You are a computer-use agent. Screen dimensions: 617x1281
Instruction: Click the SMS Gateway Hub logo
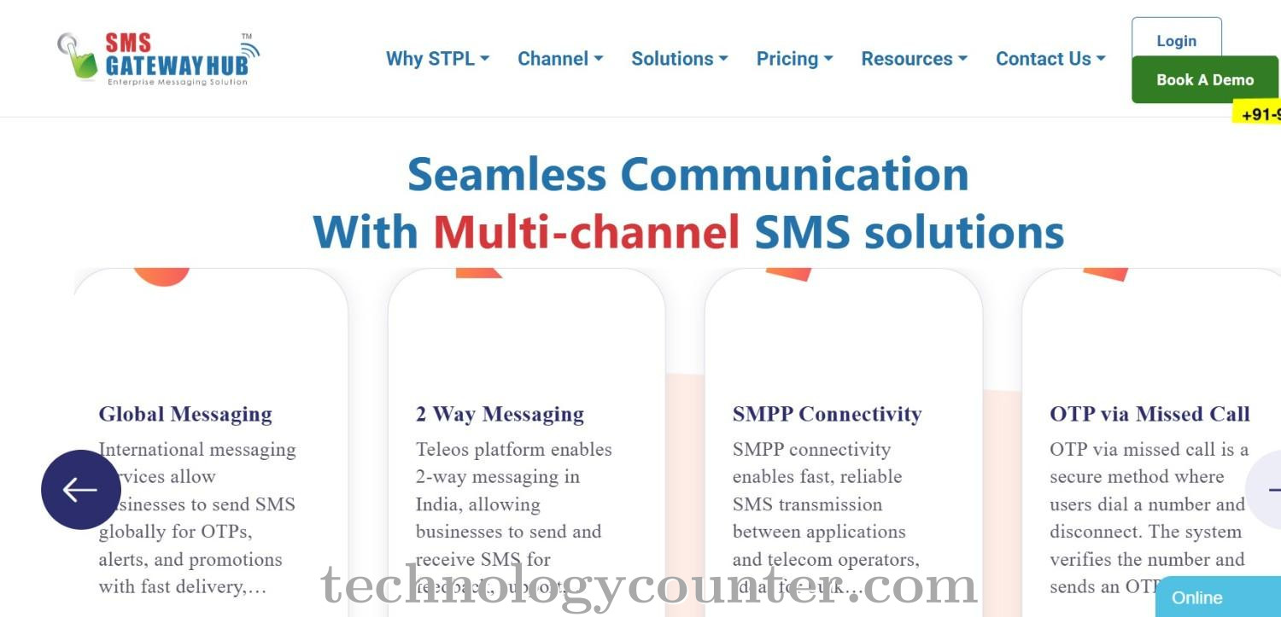tap(159, 58)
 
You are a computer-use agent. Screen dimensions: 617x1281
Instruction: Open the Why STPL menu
tap(437, 59)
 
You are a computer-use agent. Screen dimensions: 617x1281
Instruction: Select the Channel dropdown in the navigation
tap(560, 59)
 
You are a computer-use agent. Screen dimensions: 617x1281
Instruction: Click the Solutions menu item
tap(679, 59)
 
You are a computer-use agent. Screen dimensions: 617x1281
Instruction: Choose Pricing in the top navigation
tap(794, 59)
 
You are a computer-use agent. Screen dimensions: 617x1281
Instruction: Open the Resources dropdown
tap(914, 59)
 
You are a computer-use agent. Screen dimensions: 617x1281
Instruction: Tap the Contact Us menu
tap(1050, 59)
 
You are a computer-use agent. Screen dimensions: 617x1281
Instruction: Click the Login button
tap(1176, 40)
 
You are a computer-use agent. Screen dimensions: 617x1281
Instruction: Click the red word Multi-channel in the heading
tap(586, 231)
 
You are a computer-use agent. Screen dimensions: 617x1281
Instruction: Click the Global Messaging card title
tap(185, 415)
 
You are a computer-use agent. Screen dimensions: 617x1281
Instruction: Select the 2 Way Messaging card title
tap(500, 415)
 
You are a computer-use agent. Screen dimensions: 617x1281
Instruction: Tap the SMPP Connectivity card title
tap(827, 415)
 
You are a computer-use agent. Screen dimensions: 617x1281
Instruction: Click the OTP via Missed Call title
tap(1149, 415)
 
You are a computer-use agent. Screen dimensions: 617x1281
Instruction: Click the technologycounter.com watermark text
tap(649, 586)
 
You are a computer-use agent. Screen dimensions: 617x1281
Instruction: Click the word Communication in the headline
tap(794, 174)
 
